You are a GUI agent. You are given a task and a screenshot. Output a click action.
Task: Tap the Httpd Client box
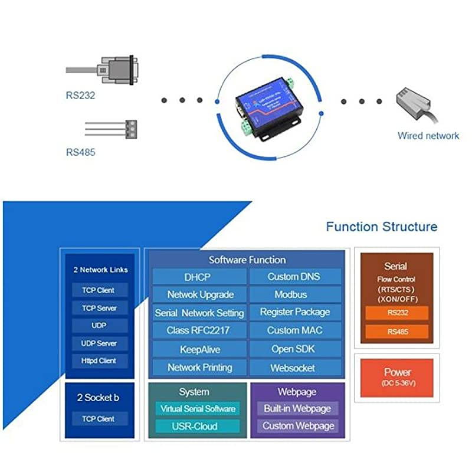99,360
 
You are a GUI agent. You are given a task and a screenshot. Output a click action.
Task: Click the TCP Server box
99,308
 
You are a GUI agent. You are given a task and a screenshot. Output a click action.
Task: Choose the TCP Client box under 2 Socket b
99,419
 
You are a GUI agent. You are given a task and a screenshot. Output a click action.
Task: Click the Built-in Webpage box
297,408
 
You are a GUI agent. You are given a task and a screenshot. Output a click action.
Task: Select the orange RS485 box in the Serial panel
396,332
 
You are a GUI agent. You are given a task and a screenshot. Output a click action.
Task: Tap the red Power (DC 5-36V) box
396,377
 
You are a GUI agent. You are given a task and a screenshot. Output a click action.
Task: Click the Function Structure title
382,227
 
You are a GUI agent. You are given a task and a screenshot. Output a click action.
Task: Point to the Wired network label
428,136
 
